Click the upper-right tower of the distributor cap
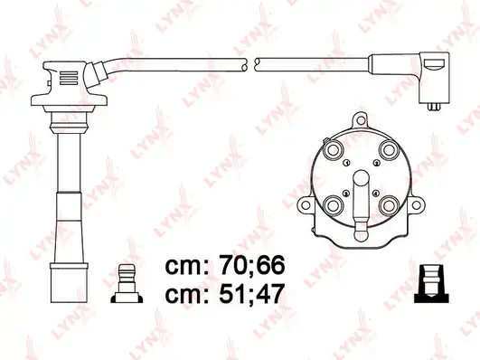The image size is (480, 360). pyautogui.click(x=390, y=150)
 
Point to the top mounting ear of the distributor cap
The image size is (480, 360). pyautogui.click(x=362, y=118)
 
